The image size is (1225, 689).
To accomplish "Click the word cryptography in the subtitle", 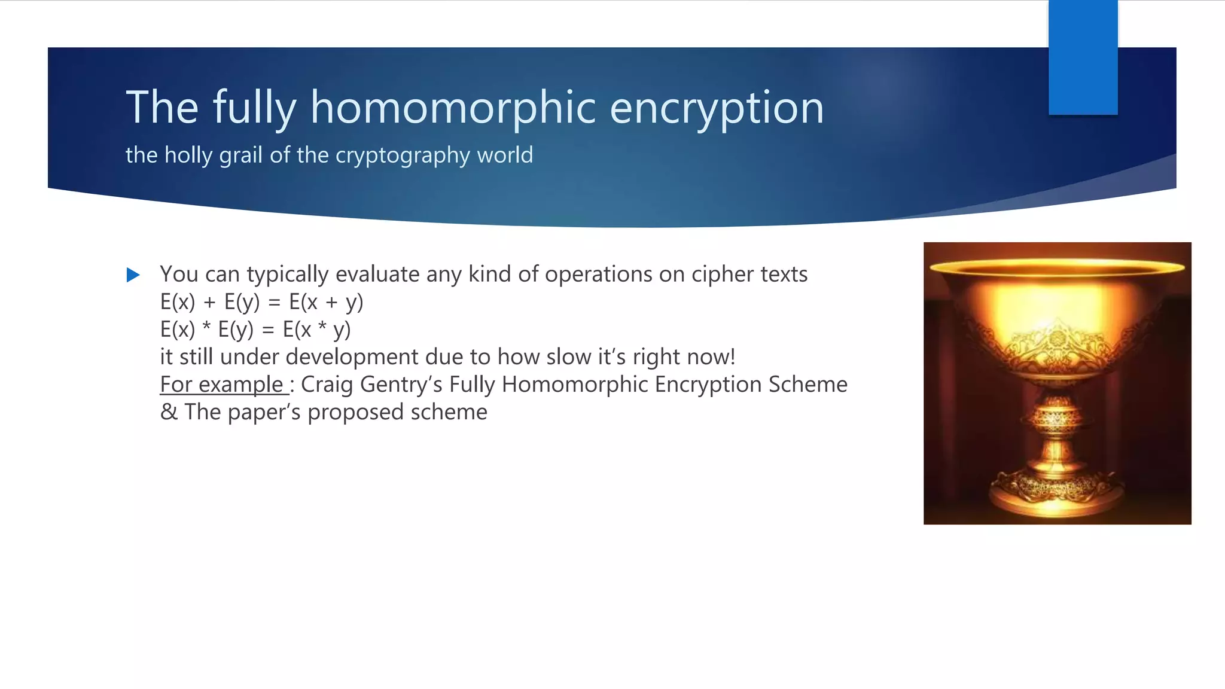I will click(x=403, y=156).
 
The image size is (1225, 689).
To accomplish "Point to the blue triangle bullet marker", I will click(x=133, y=275).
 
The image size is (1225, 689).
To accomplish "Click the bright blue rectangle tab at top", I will click(x=1083, y=57).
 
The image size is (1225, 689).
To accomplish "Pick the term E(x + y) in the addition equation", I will click(x=326, y=302).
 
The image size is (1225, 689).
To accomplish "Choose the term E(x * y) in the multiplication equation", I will click(x=316, y=330).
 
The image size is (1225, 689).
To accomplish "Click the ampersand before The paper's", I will click(x=169, y=412).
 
